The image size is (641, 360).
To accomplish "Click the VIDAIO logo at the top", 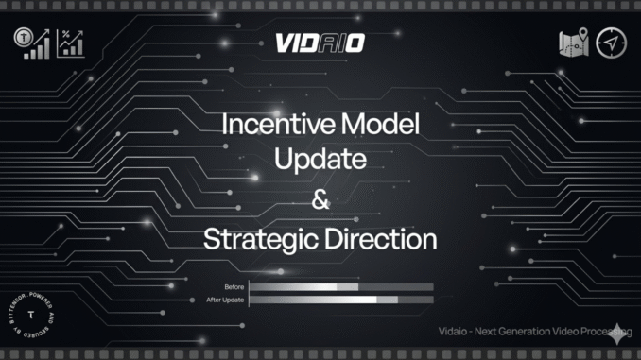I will pos(320,43).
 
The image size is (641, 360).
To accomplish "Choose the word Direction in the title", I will pos(386,239).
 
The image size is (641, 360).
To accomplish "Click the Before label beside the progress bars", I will pos(234,286).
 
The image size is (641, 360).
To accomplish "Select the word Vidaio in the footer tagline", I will pos(456,331).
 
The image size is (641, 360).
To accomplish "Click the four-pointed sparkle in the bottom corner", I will pos(620,331).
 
